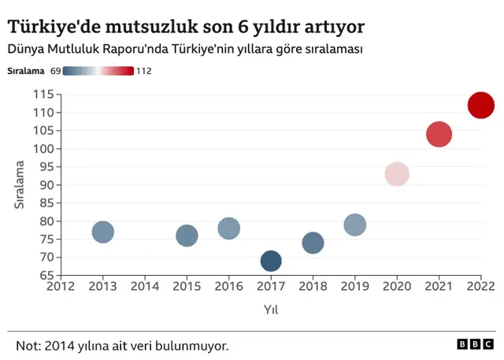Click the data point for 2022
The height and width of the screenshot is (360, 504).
coord(480,105)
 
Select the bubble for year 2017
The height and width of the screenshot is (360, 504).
coord(271,261)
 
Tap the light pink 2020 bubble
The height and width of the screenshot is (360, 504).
coord(397,174)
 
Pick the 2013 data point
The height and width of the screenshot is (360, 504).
coord(103,232)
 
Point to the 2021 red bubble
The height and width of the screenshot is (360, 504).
coord(439,134)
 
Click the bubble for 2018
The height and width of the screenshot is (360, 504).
coord(313,243)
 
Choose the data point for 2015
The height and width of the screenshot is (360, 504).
coord(187,236)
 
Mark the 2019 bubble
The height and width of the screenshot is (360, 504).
coord(355,225)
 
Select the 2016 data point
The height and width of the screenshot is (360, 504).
coord(228,228)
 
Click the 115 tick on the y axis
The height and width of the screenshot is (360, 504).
coord(43,95)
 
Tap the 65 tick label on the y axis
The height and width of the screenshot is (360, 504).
coord(46,276)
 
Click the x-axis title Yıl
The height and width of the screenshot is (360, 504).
coord(271,310)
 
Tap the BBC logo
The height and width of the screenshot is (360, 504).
coord(474,344)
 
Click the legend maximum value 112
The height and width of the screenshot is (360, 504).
coord(143,71)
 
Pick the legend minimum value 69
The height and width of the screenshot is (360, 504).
coord(55,71)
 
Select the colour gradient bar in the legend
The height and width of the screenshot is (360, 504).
coord(98,71)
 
